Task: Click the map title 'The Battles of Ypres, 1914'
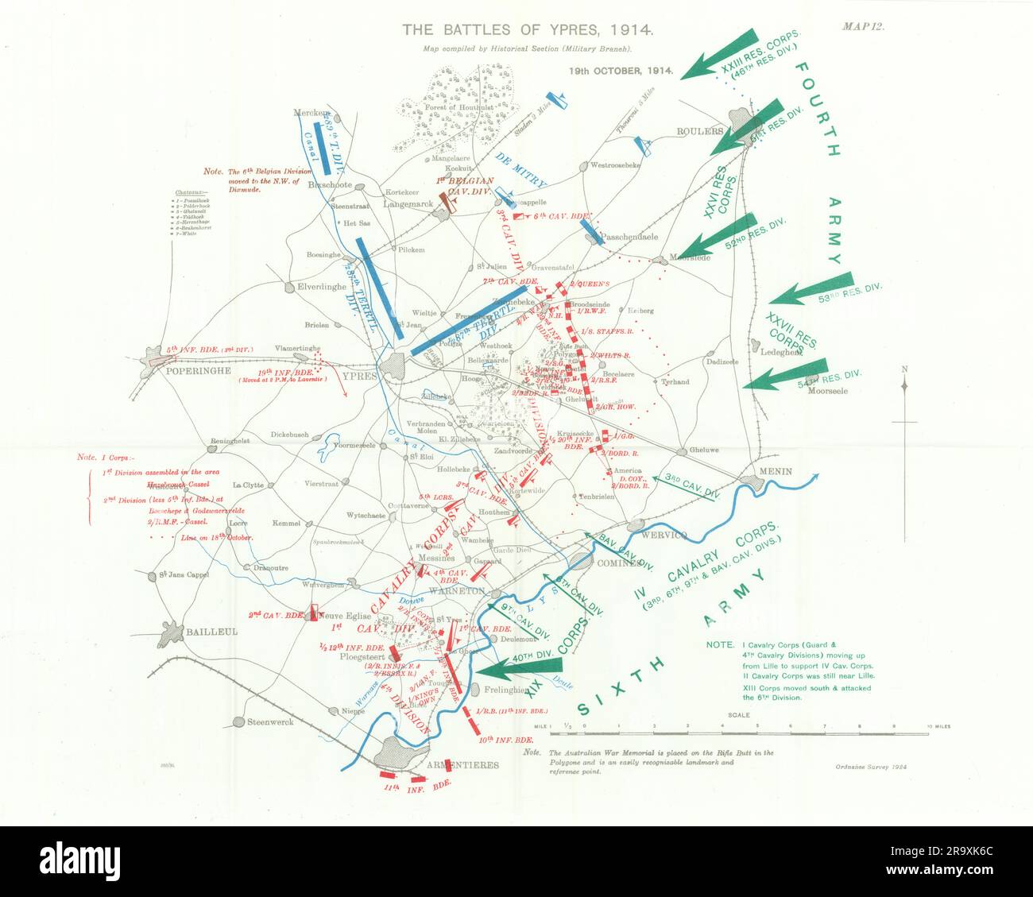coord(528,31)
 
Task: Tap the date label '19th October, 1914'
coord(621,70)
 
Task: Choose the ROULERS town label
coord(699,131)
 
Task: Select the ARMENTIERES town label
coord(462,765)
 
